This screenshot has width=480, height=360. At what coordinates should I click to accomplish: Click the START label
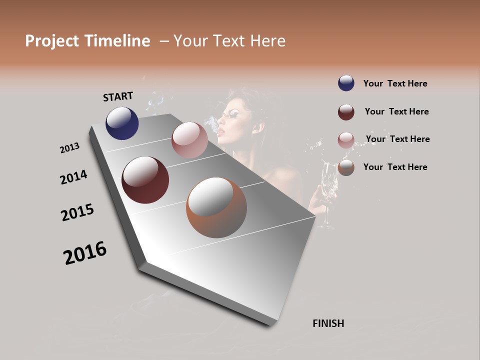(x=118, y=96)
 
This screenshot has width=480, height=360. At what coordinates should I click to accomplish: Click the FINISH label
(x=328, y=323)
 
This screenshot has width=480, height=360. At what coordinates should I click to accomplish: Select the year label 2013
(x=69, y=147)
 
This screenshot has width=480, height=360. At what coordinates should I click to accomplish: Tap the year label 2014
(x=73, y=177)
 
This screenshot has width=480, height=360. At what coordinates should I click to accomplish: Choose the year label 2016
(x=85, y=253)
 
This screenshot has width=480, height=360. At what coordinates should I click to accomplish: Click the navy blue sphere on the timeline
(x=122, y=123)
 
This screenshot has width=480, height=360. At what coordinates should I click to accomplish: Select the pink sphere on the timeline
(x=189, y=140)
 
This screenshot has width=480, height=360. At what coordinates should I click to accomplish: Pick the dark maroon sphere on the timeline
(x=145, y=180)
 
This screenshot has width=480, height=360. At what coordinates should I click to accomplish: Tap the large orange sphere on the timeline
(x=216, y=207)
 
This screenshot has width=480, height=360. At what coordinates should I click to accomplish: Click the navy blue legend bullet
(x=346, y=83)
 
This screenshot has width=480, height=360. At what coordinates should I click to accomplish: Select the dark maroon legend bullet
(x=346, y=112)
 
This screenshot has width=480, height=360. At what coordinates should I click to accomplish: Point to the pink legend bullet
(x=346, y=140)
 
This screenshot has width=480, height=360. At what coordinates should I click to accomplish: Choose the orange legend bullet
(x=346, y=167)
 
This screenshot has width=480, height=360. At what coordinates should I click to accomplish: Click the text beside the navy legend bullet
(x=395, y=83)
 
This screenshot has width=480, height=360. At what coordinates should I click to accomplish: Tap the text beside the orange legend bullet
(x=395, y=167)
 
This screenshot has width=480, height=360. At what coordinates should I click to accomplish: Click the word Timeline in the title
(x=117, y=41)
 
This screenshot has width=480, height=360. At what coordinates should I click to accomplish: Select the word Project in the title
(x=53, y=41)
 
